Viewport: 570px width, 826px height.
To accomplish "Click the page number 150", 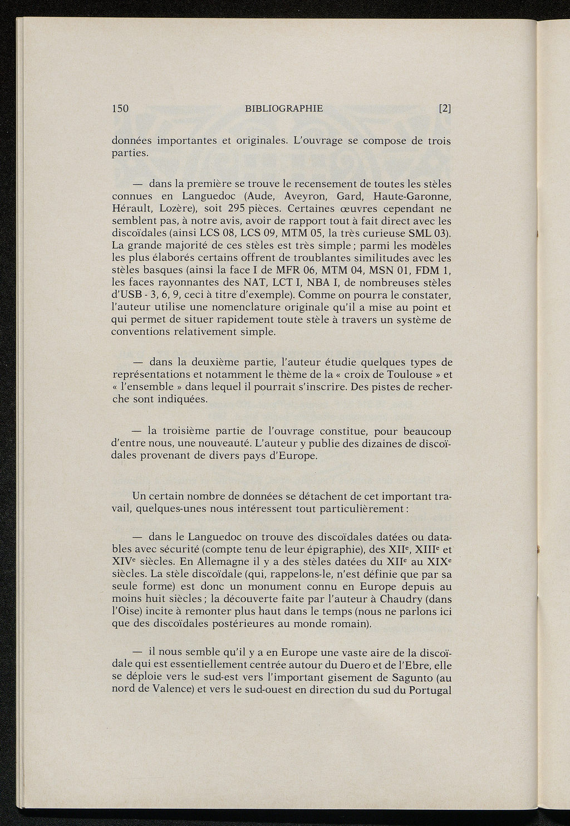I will [121, 109].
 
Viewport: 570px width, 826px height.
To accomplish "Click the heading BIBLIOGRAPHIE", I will [283, 109].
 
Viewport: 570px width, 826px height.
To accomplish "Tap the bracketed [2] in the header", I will [444, 109].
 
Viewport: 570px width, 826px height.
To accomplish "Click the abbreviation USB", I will [134, 295].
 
